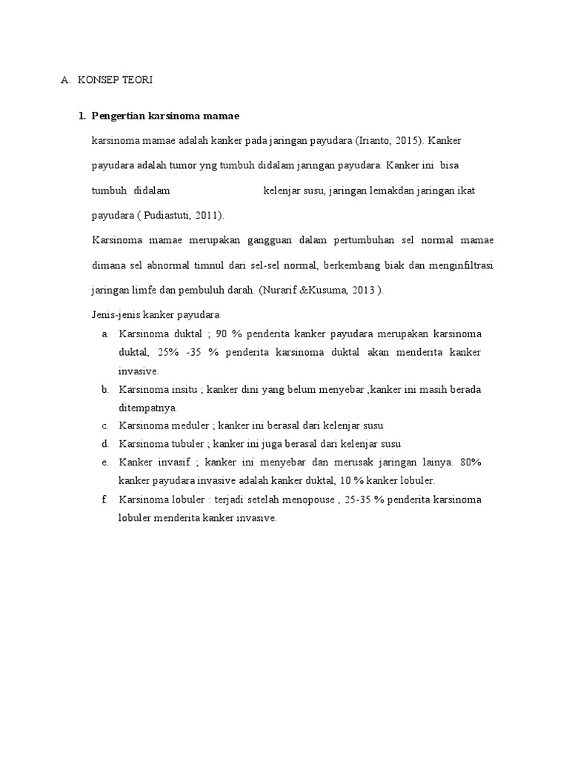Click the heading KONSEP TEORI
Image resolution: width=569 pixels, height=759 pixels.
point(115,80)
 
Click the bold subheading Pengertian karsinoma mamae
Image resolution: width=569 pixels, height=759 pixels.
point(164,116)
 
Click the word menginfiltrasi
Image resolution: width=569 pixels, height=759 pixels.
point(459,265)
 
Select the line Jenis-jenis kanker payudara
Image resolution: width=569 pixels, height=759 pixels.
point(155,314)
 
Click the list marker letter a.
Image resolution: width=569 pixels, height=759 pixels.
point(106,334)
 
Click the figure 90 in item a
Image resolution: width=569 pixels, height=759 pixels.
point(224,334)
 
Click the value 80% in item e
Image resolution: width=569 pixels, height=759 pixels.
point(470,463)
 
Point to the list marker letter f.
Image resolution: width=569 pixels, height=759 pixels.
point(105,500)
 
